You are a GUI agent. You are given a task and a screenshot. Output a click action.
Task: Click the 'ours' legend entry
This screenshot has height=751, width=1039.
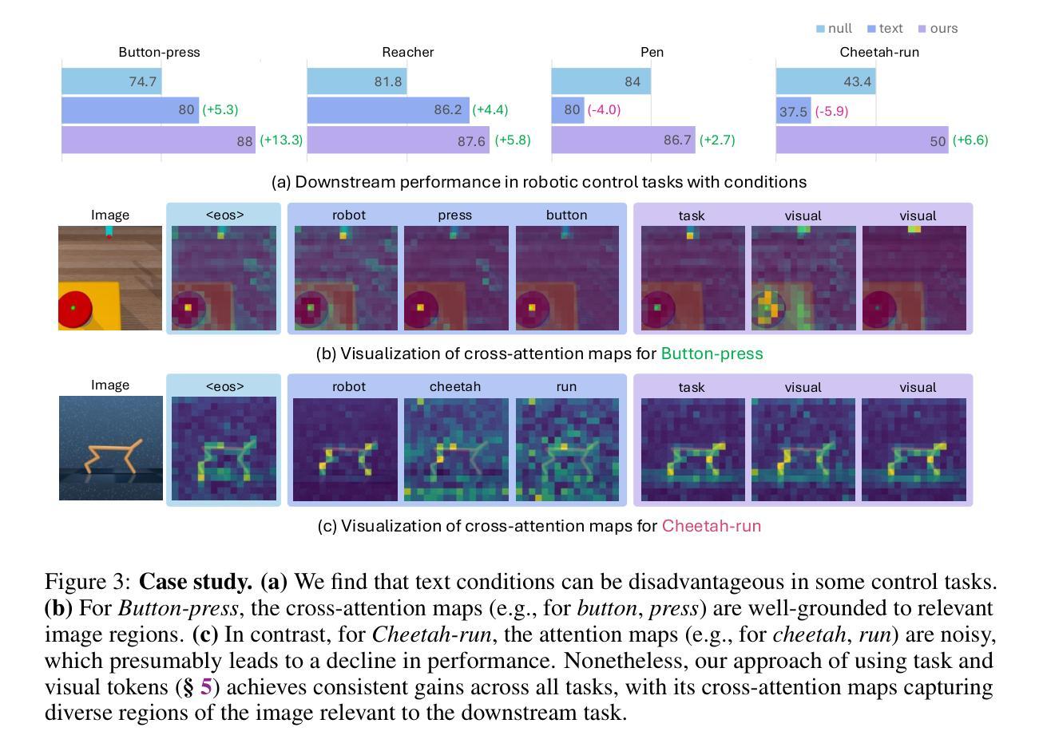[x=938, y=29]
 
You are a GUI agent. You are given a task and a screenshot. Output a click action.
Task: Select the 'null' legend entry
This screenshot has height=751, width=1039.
[x=835, y=29]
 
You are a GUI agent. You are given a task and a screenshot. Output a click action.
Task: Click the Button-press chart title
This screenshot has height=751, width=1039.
[x=159, y=52]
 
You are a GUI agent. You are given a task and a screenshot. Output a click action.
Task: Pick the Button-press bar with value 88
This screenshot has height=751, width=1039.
[x=158, y=140]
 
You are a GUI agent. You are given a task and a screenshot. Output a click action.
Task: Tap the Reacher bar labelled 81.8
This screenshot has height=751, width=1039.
[x=357, y=81]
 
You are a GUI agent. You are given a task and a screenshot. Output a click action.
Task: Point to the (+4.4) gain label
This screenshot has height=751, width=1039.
[x=490, y=110]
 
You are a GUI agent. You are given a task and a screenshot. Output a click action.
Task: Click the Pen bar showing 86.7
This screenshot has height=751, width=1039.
[x=623, y=140]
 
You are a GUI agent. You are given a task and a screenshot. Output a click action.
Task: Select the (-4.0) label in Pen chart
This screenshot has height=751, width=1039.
[x=604, y=110]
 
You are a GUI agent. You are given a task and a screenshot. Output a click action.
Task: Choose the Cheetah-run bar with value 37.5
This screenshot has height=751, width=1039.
[x=794, y=111]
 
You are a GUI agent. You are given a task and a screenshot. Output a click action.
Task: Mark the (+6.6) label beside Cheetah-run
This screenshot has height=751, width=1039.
[x=970, y=140]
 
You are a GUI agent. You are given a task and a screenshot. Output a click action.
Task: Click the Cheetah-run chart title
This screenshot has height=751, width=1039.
[x=879, y=52]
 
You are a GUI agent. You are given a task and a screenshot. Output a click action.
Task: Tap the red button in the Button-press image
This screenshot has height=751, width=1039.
[x=74, y=307]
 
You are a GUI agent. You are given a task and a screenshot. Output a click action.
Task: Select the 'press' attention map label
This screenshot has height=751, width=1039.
[x=455, y=215]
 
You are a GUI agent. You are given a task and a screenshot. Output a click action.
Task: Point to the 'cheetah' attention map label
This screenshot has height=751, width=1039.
[x=455, y=387]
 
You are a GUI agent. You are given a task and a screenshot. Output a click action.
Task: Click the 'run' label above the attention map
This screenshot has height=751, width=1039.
[x=566, y=387]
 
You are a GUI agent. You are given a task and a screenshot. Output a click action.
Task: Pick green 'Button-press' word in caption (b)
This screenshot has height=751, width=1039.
[x=712, y=354]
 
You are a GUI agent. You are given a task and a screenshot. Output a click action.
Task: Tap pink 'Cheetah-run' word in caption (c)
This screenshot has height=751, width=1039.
[x=711, y=526]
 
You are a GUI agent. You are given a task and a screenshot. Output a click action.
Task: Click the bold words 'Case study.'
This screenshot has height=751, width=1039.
[x=196, y=582]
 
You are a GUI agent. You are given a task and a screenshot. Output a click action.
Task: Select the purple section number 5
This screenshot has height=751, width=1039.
[x=206, y=687]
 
